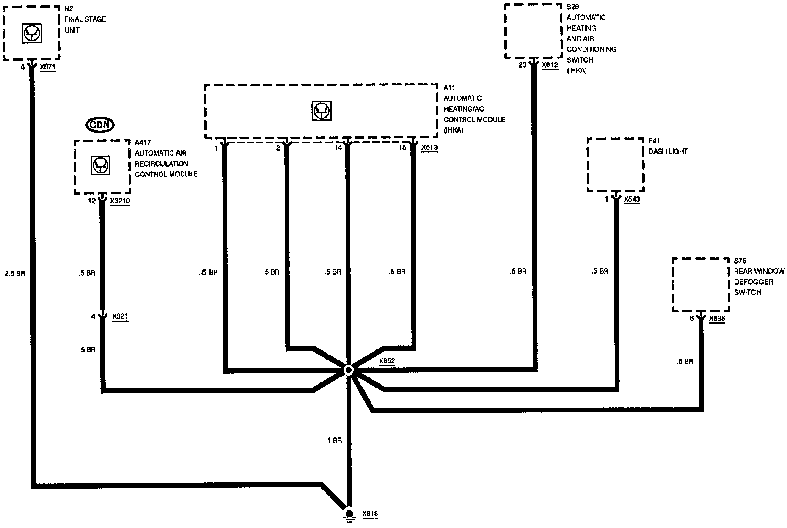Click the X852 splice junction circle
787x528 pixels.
click(x=348, y=371)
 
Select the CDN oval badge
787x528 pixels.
click(x=100, y=125)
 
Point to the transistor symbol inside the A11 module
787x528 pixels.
click(x=322, y=111)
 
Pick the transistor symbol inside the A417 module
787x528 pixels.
click(x=101, y=165)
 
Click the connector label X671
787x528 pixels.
click(x=48, y=67)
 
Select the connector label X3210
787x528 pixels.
click(x=120, y=202)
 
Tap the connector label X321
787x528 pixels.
click(x=120, y=316)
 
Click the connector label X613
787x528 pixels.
click(x=429, y=148)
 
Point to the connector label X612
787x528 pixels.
click(x=550, y=65)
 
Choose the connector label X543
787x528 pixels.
click(x=632, y=200)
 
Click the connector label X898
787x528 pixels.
click(x=717, y=319)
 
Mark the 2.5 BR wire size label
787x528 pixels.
click(x=15, y=274)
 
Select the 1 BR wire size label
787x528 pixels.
click(x=334, y=441)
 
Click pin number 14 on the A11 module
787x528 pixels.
click(x=338, y=148)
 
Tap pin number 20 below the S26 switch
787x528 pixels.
click(x=523, y=65)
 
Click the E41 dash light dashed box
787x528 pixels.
click(x=616, y=165)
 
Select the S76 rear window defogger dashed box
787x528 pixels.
click(x=701, y=285)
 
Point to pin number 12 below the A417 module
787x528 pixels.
click(x=92, y=201)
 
